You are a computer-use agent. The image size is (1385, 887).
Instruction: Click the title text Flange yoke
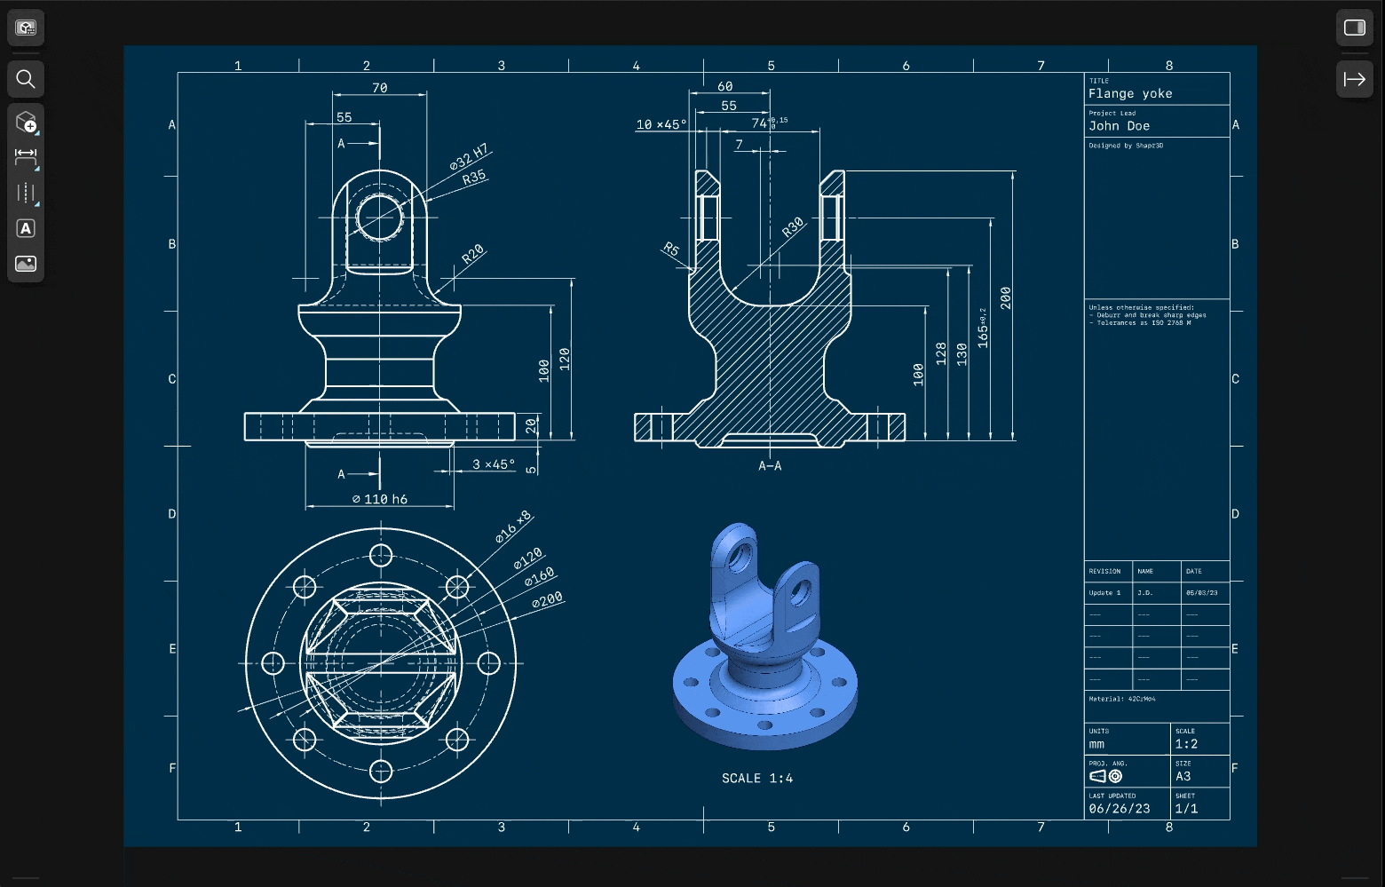pyautogui.click(x=1130, y=93)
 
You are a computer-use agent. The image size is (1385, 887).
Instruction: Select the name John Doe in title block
pyautogui.click(x=1119, y=126)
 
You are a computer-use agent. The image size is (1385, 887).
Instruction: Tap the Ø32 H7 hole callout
pyautogui.click(x=469, y=157)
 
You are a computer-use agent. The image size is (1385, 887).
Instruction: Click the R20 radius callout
pyautogui.click(x=473, y=255)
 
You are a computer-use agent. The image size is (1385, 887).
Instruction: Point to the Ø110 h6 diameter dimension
pyautogui.click(x=380, y=499)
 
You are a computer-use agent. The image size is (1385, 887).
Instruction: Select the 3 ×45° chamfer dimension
pyautogui.click(x=493, y=464)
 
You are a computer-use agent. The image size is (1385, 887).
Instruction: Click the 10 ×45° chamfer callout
pyautogui.click(x=661, y=124)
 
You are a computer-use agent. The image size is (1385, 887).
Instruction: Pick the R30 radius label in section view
pyautogui.click(x=792, y=227)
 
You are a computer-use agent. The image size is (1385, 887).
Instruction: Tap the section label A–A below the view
pyautogui.click(x=770, y=466)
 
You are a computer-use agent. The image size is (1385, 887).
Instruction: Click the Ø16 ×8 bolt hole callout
pyautogui.click(x=513, y=527)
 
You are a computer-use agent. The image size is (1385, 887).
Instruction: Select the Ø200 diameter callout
pyautogui.click(x=547, y=601)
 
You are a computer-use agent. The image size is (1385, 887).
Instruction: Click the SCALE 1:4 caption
pyautogui.click(x=757, y=779)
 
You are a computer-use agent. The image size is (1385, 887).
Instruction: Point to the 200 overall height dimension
pyautogui.click(x=1005, y=297)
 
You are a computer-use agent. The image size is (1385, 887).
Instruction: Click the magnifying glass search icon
pyautogui.click(x=26, y=79)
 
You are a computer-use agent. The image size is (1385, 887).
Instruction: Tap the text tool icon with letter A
pyautogui.click(x=26, y=228)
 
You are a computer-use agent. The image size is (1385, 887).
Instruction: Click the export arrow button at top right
pyautogui.click(x=1354, y=79)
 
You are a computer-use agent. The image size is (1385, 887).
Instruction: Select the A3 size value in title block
pyautogui.click(x=1183, y=776)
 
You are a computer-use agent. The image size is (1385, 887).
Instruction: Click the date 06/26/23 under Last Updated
pyautogui.click(x=1119, y=809)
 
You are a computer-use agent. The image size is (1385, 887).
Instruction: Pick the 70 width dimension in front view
pyautogui.click(x=380, y=88)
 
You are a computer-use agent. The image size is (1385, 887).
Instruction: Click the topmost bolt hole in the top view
pyautogui.click(x=381, y=556)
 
